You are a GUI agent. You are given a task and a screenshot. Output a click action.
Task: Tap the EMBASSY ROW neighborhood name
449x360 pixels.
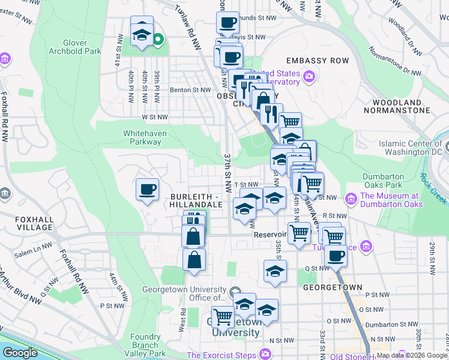(317, 61)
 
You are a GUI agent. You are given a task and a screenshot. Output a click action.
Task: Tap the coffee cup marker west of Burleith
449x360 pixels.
(147, 190)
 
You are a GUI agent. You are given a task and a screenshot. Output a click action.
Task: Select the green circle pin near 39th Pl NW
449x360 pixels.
(158, 41)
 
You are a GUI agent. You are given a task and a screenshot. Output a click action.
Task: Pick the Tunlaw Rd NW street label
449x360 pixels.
(187, 25)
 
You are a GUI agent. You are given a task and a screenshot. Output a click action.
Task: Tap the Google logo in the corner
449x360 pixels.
(20, 353)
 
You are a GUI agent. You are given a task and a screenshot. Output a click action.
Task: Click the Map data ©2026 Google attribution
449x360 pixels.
(411, 355)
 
